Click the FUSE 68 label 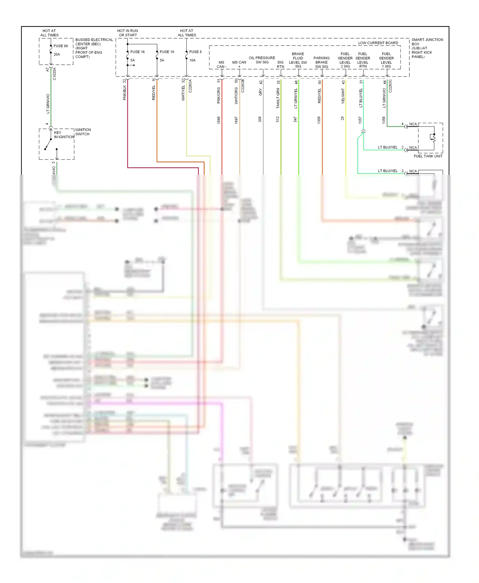(61, 46)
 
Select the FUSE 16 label (137, 52)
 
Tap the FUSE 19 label (167, 52)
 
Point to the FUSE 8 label (195, 52)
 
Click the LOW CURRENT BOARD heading (378, 43)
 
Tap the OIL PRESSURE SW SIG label (262, 60)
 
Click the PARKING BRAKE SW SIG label (322, 62)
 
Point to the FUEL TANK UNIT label (428, 156)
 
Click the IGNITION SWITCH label (83, 132)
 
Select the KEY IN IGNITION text (64, 135)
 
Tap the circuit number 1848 (219, 120)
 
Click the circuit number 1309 (319, 120)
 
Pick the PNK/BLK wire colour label (125, 93)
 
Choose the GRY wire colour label (260, 92)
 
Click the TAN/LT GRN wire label (278, 99)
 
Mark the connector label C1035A (55, 74)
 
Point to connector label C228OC (390, 86)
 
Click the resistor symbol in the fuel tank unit (433, 138)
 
